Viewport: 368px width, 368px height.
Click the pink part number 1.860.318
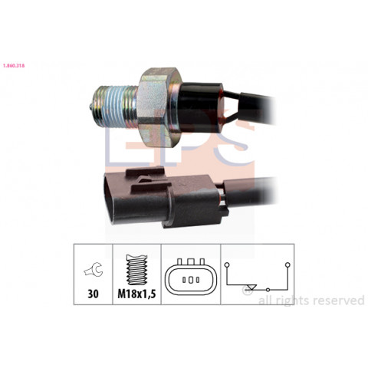[x=14, y=66]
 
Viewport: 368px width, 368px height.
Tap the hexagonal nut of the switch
[x=157, y=107]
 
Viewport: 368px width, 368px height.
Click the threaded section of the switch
[x=117, y=107]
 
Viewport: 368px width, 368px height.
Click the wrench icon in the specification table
[x=94, y=270]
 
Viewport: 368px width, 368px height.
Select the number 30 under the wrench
[x=93, y=294]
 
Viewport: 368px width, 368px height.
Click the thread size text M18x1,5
[x=136, y=294]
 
